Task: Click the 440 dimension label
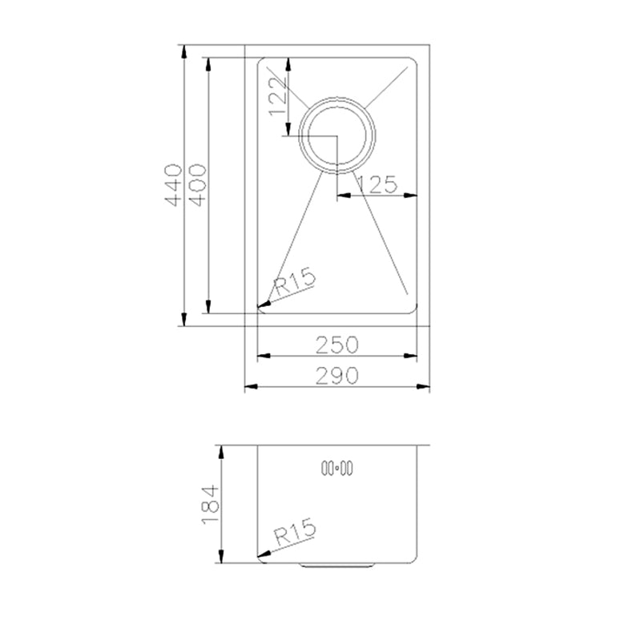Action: (x=173, y=185)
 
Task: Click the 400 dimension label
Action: (x=197, y=185)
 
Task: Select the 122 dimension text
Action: (x=276, y=97)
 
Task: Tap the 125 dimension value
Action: (x=377, y=184)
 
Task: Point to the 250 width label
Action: (x=337, y=345)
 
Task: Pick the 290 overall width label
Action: (x=337, y=375)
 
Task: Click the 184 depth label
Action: (x=211, y=505)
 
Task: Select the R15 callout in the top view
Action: (x=295, y=281)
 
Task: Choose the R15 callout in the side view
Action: (x=295, y=532)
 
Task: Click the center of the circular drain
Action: (x=337, y=135)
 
